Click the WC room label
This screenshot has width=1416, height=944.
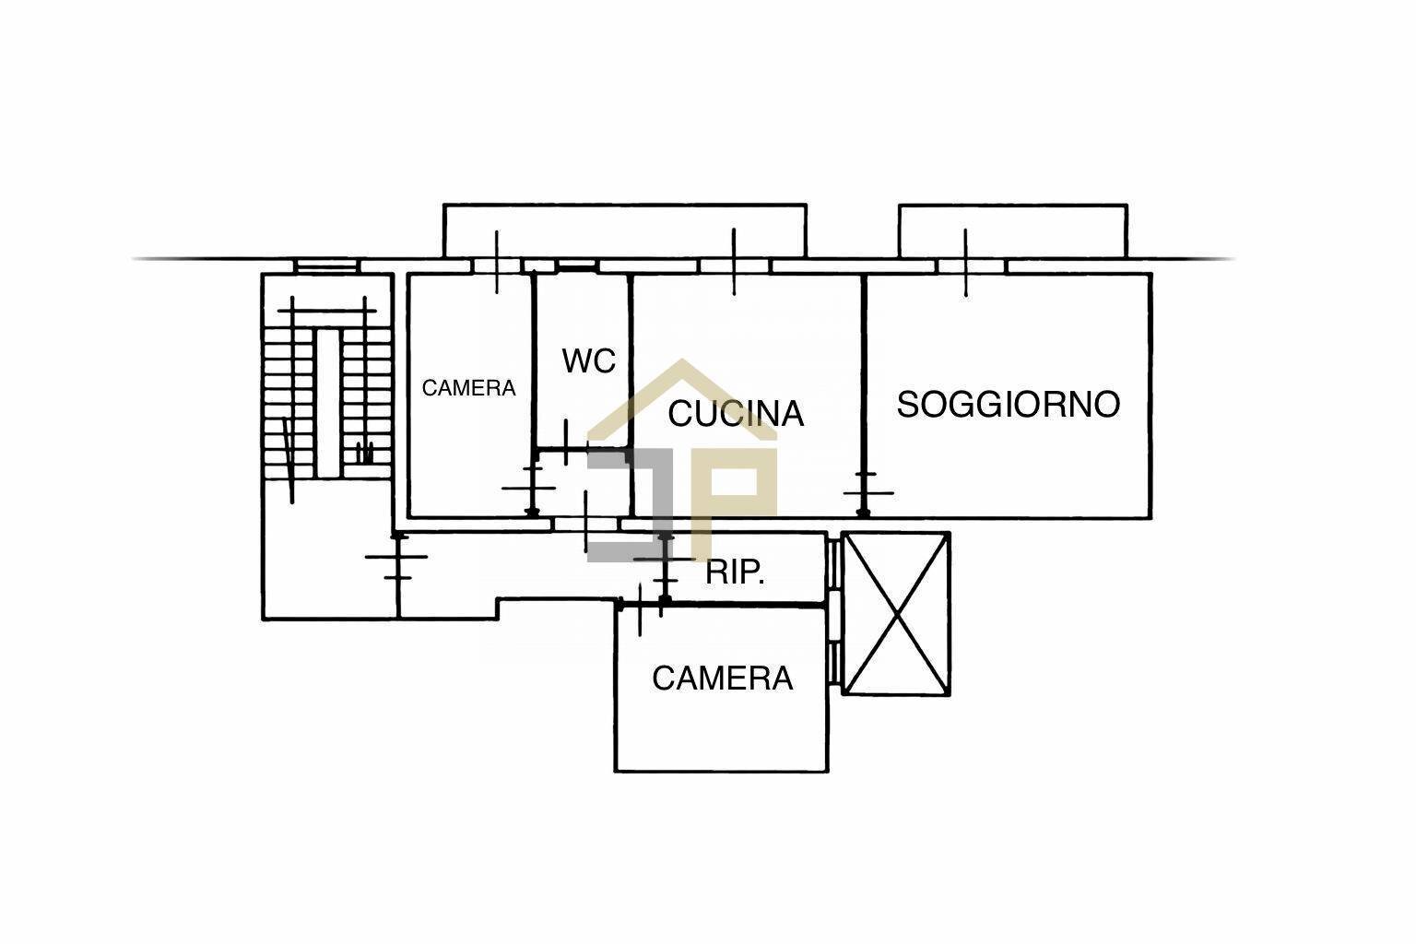coord(588,361)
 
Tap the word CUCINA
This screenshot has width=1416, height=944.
coord(736,414)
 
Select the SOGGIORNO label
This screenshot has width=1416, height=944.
coord(1009,404)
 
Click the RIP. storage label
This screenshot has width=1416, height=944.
coord(735,572)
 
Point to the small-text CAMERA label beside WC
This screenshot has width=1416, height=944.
coord(468,387)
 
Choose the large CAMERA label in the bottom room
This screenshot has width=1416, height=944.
coord(722,678)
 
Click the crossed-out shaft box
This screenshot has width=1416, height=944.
coord(896,614)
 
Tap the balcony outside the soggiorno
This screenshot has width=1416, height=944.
coord(1013,231)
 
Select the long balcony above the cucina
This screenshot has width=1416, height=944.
coord(624,231)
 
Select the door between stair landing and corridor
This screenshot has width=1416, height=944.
coord(397,557)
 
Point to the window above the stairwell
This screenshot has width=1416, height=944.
coord(326,266)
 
